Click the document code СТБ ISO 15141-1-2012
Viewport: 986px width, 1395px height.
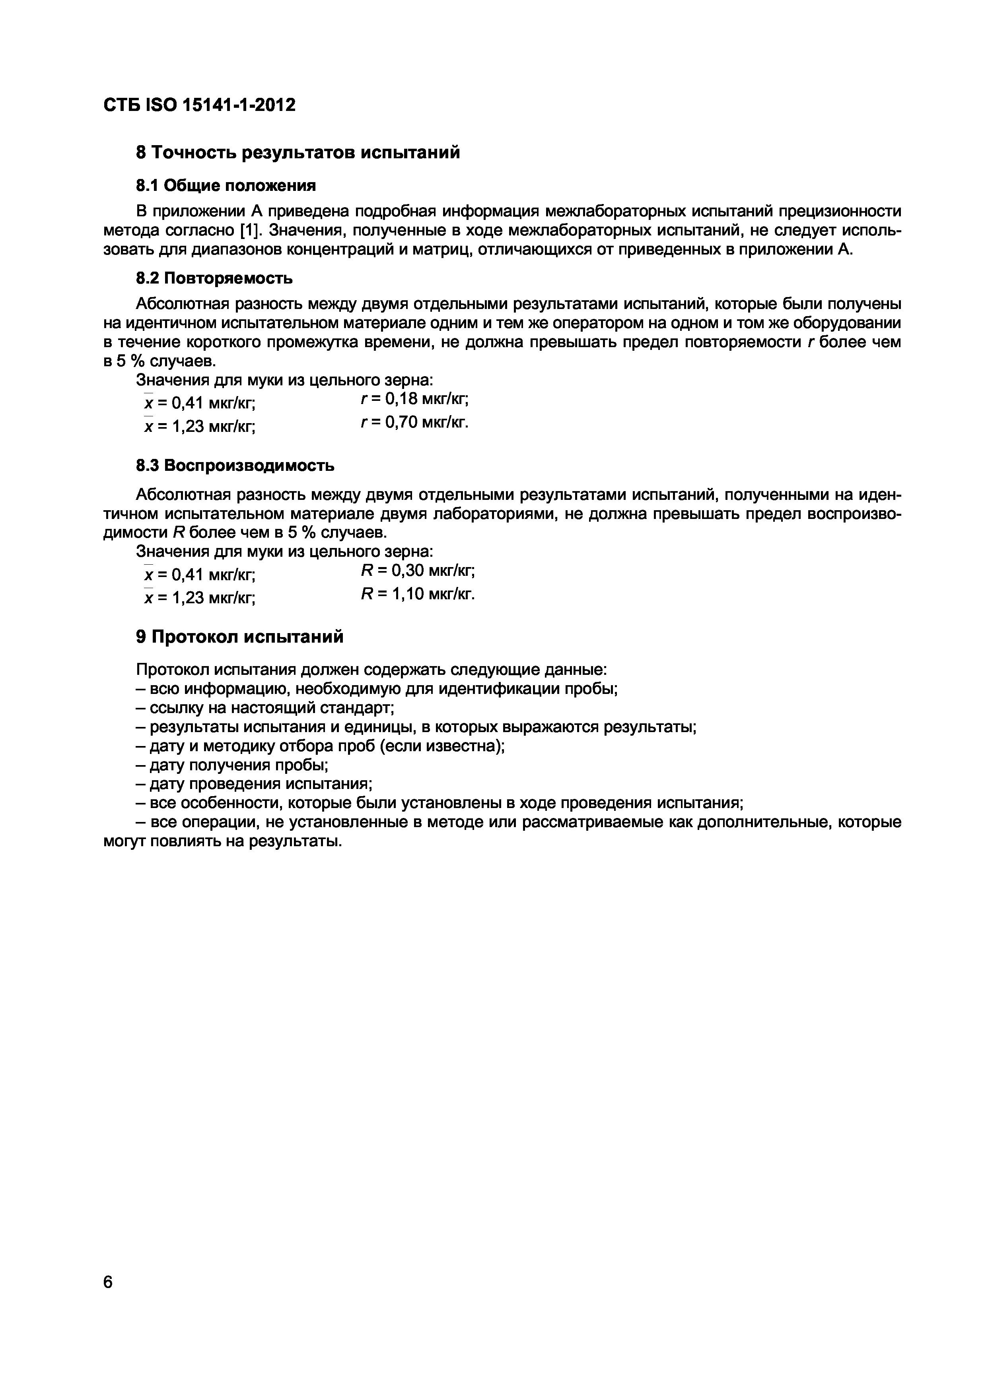[199, 105]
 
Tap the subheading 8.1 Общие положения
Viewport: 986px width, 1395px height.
[226, 185]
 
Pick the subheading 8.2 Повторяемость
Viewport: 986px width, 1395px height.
[214, 278]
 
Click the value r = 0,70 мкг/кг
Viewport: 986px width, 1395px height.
[414, 422]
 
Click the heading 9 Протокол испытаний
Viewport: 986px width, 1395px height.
[239, 637]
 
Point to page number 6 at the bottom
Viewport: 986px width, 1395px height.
[108, 1282]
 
